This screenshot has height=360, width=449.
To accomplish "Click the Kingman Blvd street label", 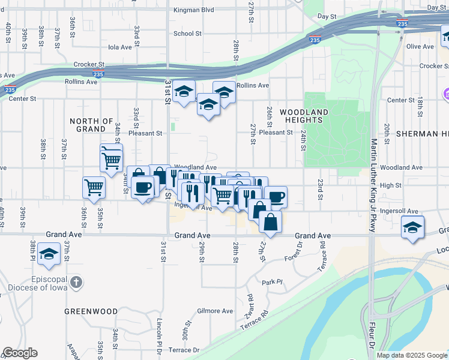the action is (193, 10).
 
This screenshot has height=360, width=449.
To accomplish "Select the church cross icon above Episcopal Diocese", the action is (76, 282).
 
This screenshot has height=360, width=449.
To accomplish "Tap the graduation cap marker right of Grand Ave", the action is (412, 228).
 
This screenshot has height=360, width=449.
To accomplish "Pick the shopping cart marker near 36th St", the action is (94, 188).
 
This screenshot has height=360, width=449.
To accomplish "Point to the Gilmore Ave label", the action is (215, 311).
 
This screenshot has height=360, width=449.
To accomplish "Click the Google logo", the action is (20, 353).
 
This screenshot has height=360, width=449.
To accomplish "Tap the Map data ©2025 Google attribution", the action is (411, 355).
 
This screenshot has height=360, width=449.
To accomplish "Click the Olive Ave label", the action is (420, 46).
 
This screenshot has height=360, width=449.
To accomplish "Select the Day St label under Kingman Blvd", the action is (327, 17).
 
